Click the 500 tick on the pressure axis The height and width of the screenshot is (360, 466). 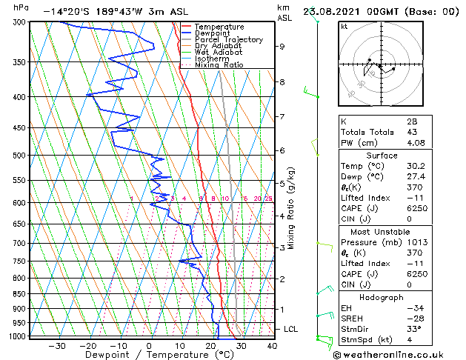pos(19,156)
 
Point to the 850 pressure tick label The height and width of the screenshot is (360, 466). pos(19,294)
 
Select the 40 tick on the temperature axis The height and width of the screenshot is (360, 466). pos(272,345)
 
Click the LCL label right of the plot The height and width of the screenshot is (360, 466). pos(292,328)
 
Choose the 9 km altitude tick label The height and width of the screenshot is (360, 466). pos(282,46)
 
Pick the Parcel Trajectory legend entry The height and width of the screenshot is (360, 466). pos(228,39)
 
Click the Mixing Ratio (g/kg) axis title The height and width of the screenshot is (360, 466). pos(291,208)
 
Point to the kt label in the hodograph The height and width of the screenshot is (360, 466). pos(344,27)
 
